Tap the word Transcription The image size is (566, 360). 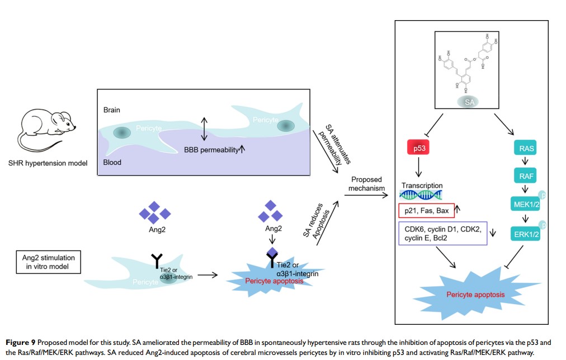(422, 186)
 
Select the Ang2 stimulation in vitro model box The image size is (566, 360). (48, 262)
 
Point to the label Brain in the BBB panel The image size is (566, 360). (112, 110)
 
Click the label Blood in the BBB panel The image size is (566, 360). (112, 163)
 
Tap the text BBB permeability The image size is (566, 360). (210, 150)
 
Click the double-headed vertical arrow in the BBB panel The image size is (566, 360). (205, 129)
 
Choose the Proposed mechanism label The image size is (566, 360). (366, 184)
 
